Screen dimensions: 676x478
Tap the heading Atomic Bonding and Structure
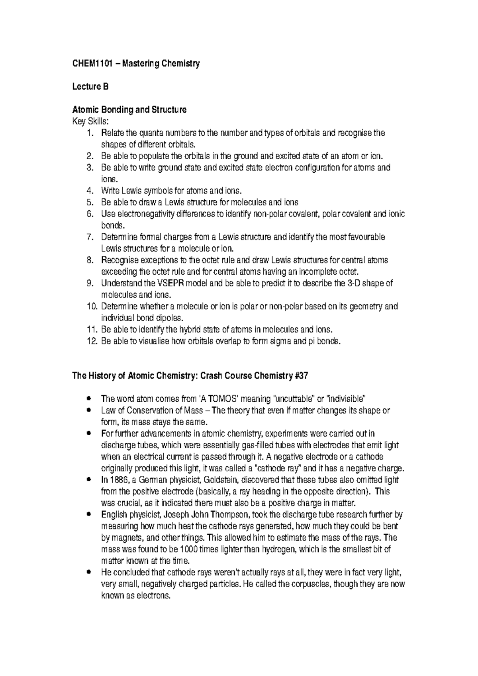click(129, 110)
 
